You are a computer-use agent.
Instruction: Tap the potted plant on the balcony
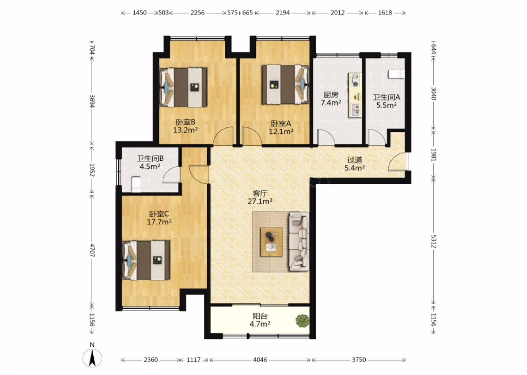pos(303,321)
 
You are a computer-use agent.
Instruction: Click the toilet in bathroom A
pos(396,74)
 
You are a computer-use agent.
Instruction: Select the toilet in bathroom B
pos(136,184)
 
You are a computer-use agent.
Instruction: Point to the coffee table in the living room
pos(271,242)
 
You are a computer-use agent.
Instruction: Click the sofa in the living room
pos(299,242)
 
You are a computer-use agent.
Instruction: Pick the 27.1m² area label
pos(260,201)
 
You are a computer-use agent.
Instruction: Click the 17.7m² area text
pos(159,222)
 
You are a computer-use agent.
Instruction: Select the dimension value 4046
pos(260,360)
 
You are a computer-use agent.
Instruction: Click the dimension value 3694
pos(92,101)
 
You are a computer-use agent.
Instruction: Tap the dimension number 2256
pos(197,13)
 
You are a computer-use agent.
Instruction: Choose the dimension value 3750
pos(359,360)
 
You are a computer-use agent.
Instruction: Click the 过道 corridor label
pos(355,160)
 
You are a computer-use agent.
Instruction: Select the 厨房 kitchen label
pos(331,95)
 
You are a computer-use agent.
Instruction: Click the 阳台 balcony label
pos(260,316)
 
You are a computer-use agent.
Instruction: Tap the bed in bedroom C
pos(146,260)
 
